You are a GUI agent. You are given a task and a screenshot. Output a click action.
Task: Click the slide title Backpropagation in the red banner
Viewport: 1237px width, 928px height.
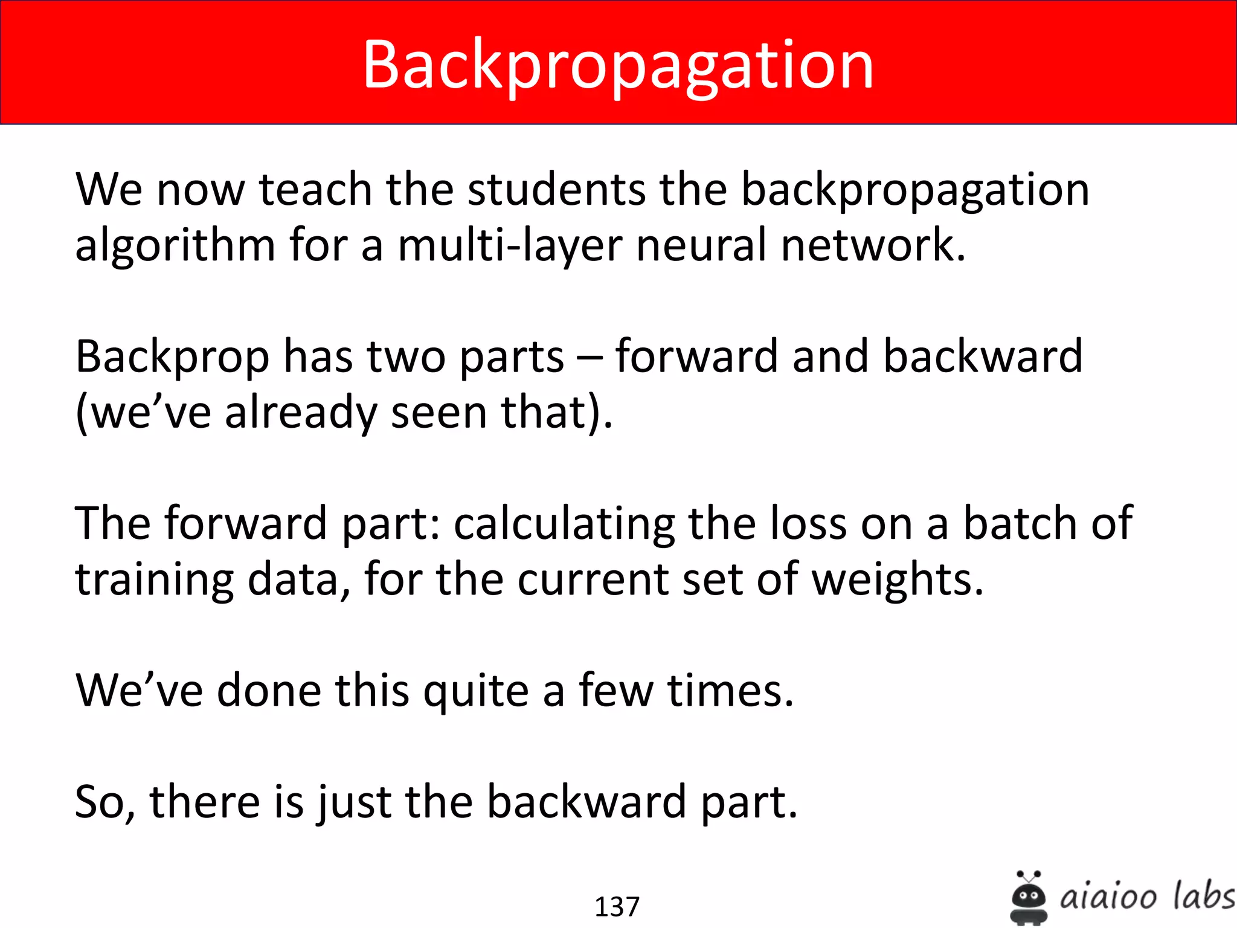[x=618, y=65]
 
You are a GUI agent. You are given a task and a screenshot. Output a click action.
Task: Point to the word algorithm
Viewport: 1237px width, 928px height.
[x=175, y=246]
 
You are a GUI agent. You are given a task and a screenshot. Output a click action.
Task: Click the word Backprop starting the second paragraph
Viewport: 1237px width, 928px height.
[x=172, y=358]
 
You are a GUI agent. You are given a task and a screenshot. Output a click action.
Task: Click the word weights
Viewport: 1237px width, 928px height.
[x=898, y=580]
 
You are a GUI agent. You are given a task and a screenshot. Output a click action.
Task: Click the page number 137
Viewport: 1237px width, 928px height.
[x=617, y=906]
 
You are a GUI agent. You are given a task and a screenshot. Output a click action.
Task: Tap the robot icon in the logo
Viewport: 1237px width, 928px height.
[x=1028, y=898]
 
